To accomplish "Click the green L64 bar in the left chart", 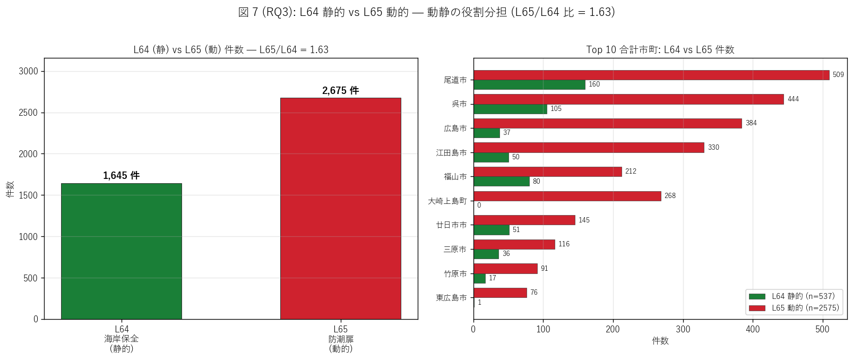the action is tap(122, 251).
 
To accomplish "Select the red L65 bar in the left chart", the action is tap(340, 208).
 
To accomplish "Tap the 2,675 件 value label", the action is tap(340, 90).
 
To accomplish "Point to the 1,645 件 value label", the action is tap(122, 176).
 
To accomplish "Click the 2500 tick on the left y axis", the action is tap(28, 113).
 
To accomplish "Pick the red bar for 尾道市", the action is tap(651, 75).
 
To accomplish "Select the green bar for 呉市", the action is tap(510, 109).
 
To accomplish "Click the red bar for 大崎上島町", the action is tap(567, 196).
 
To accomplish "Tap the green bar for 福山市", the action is tap(502, 182).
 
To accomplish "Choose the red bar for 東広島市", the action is tap(500, 293).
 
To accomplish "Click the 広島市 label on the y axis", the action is tap(455, 128).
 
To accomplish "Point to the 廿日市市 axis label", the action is tap(451, 225).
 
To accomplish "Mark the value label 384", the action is tap(751, 123).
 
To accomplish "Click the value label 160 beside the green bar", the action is tap(594, 84).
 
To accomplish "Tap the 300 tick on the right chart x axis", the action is tap(683, 329).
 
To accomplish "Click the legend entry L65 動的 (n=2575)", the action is tap(794, 308).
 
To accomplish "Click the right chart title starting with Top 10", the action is tap(660, 49).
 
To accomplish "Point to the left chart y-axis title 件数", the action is tap(10, 189).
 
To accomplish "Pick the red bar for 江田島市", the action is tap(589, 148).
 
